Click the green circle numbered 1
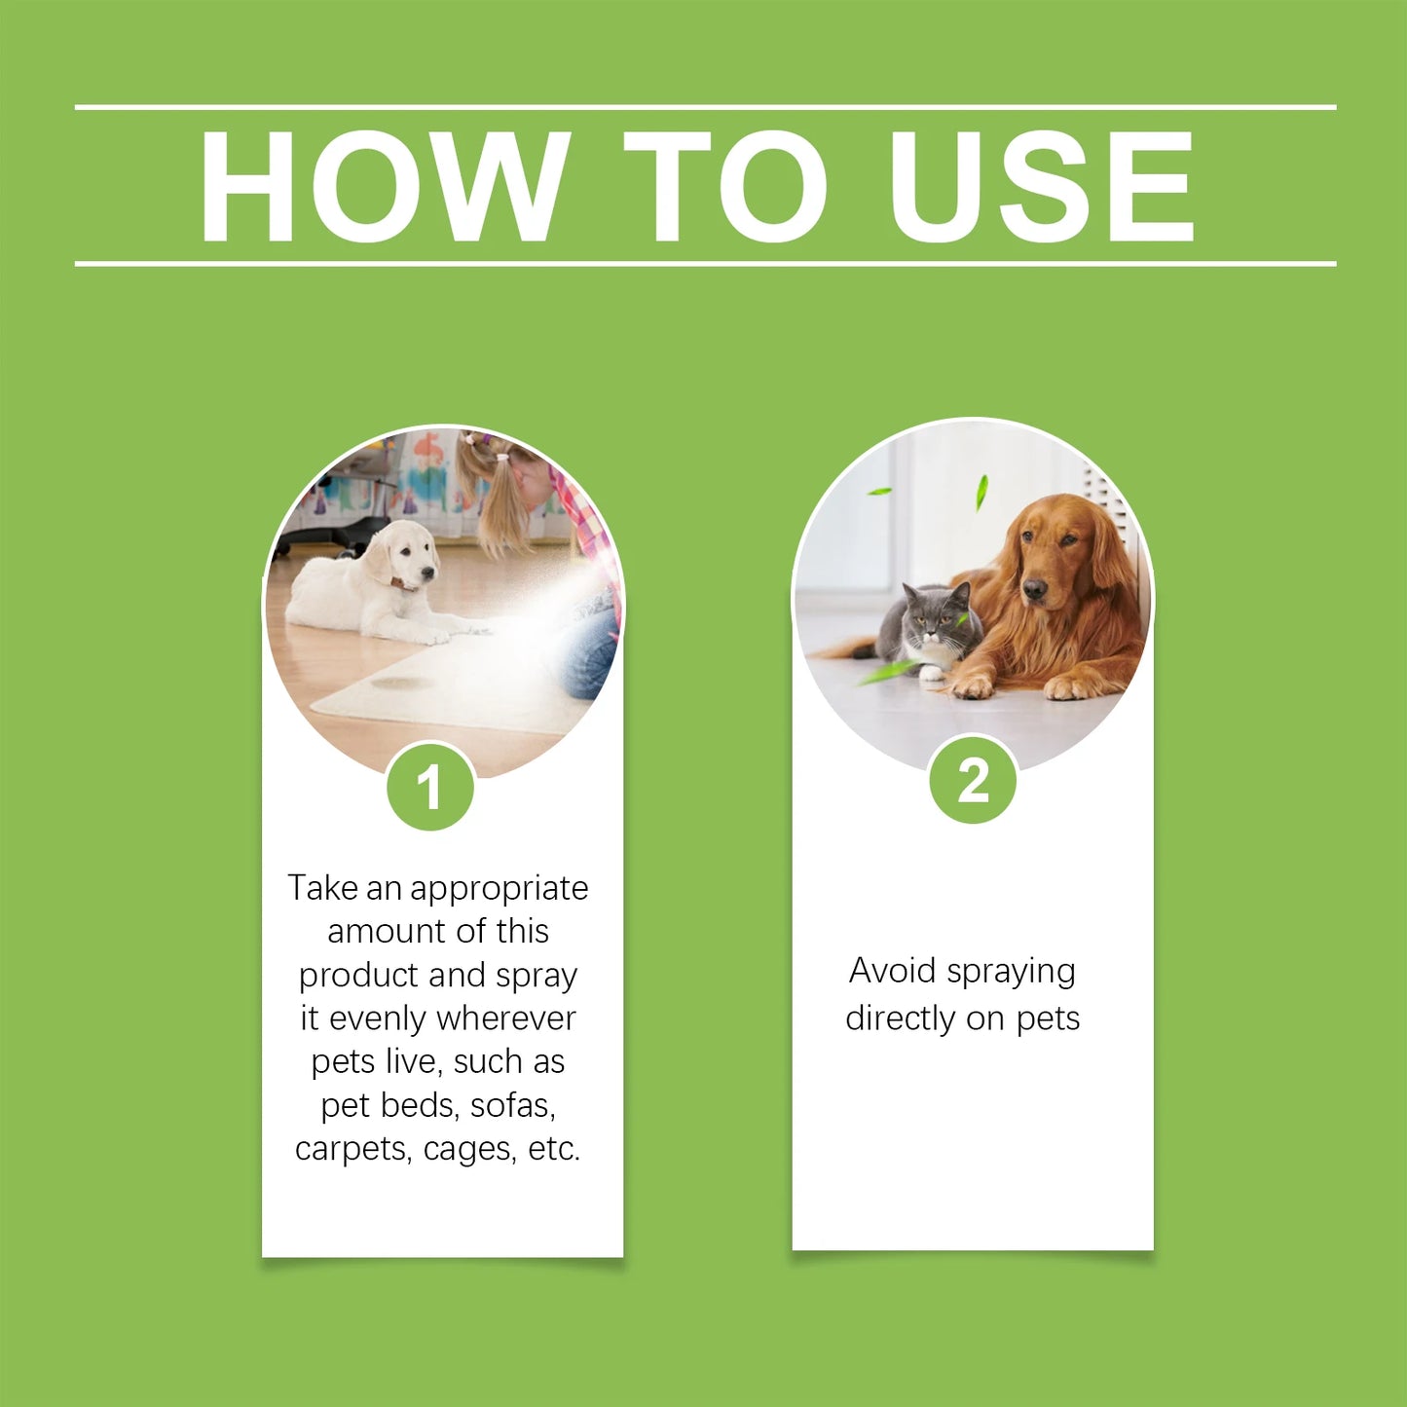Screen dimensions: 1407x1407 [429, 787]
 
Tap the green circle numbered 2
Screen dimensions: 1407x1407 [973, 781]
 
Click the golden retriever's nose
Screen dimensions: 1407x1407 [1034, 588]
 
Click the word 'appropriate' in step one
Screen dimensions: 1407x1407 [499, 888]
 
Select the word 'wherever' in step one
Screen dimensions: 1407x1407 [506, 1018]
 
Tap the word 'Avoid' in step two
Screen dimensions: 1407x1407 [892, 971]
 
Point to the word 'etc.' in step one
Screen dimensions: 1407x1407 [554, 1149]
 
